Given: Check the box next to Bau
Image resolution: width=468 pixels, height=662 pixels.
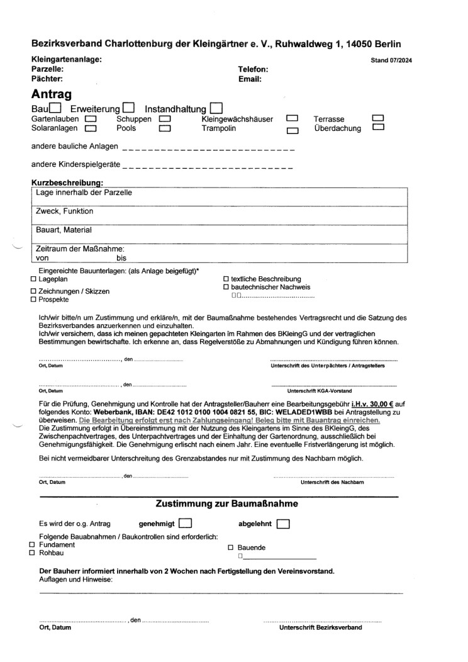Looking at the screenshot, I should pyautogui.click(x=55, y=108).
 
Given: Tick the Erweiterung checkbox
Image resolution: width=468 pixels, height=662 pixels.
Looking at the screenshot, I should pyautogui.click(x=129, y=108).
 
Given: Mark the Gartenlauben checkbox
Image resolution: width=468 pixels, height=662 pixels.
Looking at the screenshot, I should pyautogui.click(x=91, y=118).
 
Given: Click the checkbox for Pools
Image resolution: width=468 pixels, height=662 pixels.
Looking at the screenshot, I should pyautogui.click(x=165, y=128).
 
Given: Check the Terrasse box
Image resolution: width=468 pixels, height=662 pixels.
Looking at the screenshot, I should pyautogui.click(x=378, y=118).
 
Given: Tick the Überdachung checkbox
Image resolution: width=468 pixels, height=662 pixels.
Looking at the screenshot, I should pyautogui.click(x=378, y=128).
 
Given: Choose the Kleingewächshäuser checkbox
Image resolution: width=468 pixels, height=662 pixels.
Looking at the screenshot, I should pyautogui.click(x=292, y=118).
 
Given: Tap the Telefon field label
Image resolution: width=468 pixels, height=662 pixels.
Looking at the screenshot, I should pyautogui.click(x=253, y=69).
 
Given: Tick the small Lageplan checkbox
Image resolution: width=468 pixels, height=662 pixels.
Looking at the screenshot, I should pyautogui.click(x=33, y=279).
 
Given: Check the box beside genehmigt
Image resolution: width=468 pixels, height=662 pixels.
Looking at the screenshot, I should pyautogui.click(x=186, y=523).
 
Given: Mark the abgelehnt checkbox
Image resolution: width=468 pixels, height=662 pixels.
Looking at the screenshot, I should pyautogui.click(x=282, y=523).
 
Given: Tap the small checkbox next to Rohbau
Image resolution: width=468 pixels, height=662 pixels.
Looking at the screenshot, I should pyautogui.click(x=33, y=553).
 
